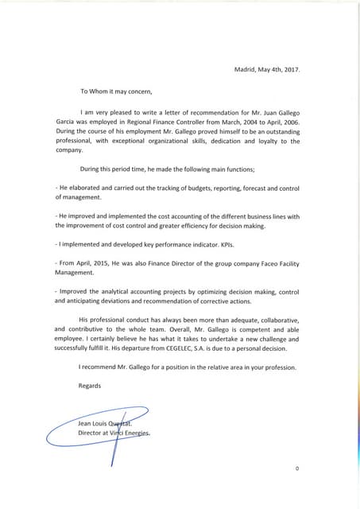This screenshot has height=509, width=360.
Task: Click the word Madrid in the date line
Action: click(x=246, y=69)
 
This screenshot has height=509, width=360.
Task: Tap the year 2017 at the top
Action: click(x=292, y=69)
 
